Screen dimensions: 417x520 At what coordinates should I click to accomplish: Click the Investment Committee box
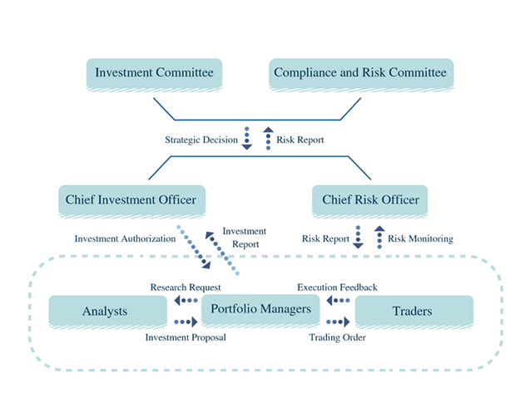coord(154,73)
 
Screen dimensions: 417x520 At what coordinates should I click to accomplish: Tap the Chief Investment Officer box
coord(132,199)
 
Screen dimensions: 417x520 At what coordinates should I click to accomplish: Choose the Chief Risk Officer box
coord(370,199)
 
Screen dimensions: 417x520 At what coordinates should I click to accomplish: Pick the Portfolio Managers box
coord(260,309)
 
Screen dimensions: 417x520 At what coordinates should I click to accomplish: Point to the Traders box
coord(414,312)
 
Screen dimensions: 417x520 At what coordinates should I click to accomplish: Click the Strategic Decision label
coord(201,140)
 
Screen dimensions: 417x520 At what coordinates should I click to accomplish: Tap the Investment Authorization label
coord(125,238)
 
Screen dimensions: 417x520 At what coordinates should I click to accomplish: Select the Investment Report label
coord(245,238)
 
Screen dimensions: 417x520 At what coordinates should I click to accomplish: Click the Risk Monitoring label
coord(421,238)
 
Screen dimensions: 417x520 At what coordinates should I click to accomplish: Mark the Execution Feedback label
coord(338,287)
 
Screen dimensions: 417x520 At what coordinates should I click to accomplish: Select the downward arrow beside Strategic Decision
coord(247,139)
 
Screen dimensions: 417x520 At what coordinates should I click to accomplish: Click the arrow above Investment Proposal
coord(185,322)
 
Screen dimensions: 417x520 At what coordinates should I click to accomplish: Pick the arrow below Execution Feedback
coord(337,300)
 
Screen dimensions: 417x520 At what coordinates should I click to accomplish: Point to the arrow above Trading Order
coord(337,322)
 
